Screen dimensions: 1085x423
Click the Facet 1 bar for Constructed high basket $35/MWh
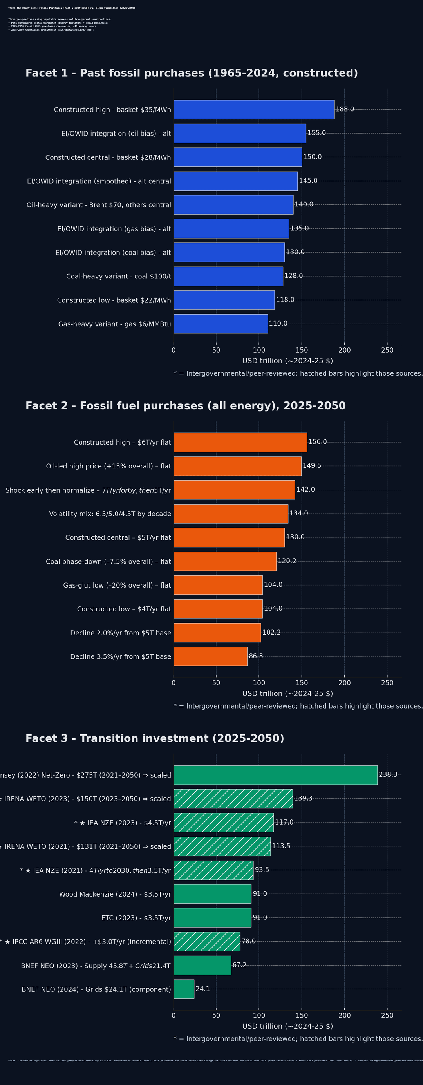tap(254, 110)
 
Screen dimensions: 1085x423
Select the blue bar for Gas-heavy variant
tap(221, 324)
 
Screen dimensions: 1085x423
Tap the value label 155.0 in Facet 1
tap(316, 133)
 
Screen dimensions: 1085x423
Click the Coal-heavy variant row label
tap(118, 276)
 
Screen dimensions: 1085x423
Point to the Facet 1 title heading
tap(192, 73)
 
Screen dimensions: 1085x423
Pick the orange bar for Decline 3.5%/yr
tap(211, 656)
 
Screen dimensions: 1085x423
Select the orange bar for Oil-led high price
tap(238, 466)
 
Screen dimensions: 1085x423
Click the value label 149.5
tap(312, 465)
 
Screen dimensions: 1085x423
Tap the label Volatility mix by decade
tap(110, 514)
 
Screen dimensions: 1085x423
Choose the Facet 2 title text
tap(185, 406)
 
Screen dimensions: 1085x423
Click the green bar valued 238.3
tap(276, 775)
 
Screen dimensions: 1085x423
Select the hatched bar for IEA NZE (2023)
tap(224, 822)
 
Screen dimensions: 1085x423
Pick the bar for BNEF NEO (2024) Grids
tap(184, 989)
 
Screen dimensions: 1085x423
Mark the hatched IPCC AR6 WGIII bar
tap(207, 941)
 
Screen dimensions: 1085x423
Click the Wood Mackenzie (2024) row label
tap(115, 894)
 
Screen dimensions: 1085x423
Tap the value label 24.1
tap(202, 989)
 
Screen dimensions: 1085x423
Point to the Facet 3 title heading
tap(155, 738)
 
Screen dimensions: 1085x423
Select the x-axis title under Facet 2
tap(287, 693)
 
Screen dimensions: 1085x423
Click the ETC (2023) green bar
tap(212, 917)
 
